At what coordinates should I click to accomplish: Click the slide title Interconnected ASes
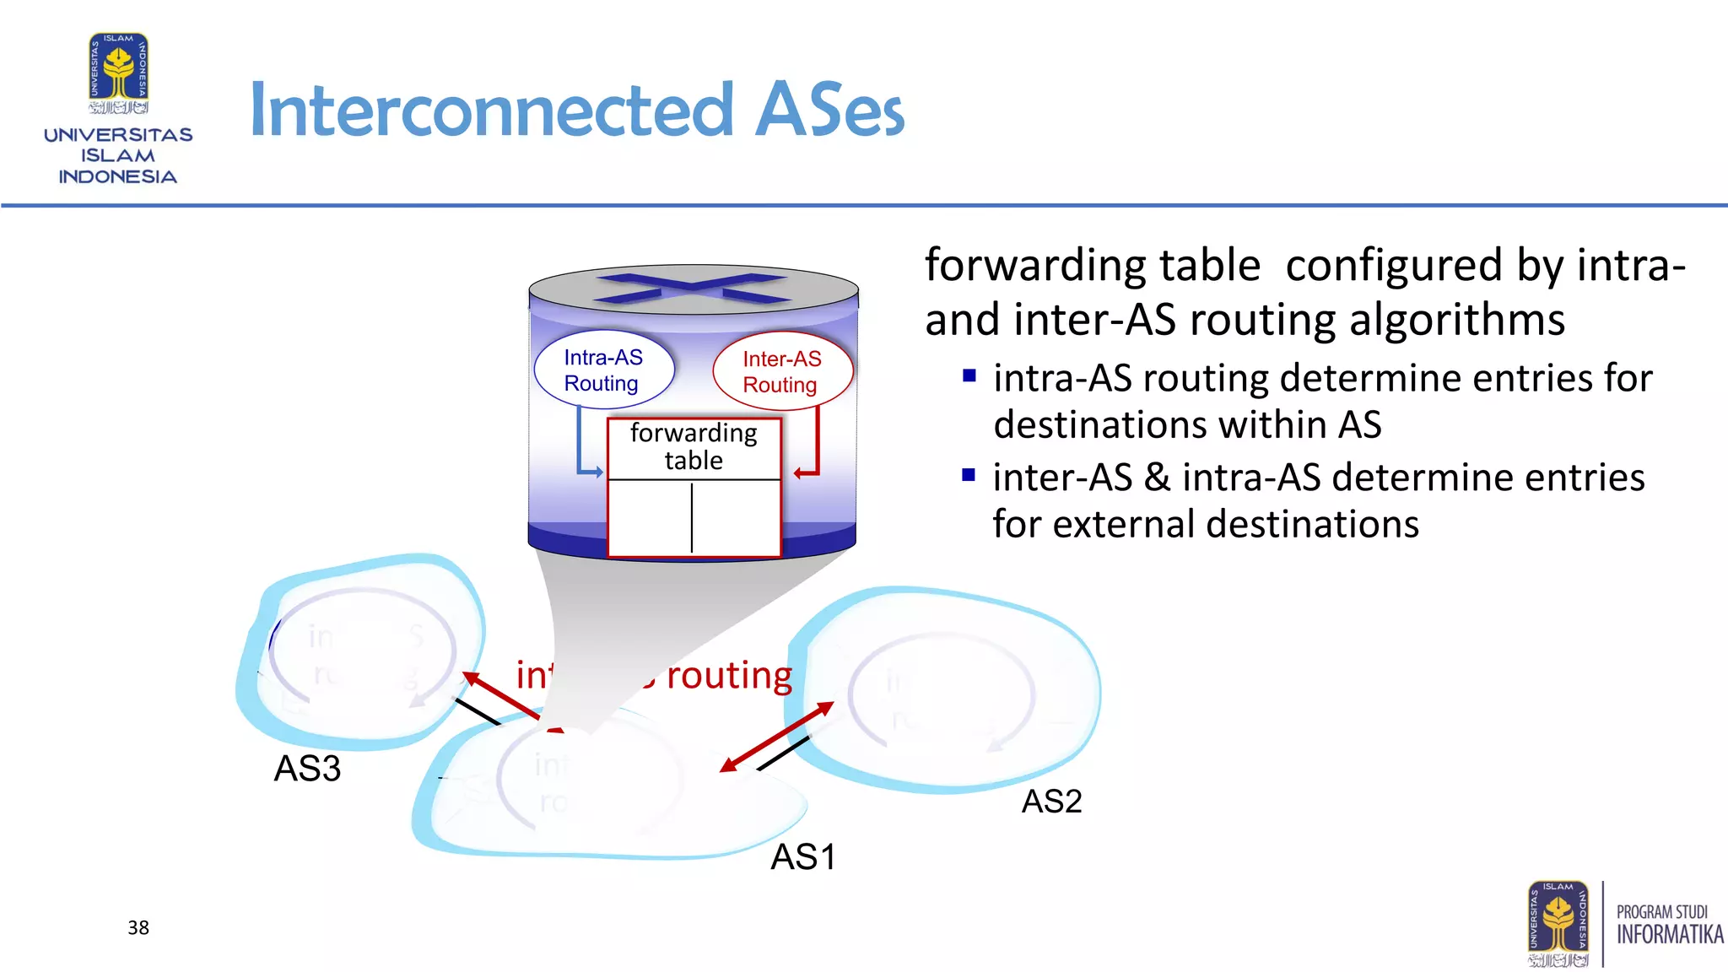576,110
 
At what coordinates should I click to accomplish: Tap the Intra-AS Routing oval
603,370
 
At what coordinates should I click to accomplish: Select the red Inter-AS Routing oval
782,372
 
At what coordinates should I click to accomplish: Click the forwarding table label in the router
694,446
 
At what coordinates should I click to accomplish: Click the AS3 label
307,769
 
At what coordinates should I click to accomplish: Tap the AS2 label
1051,802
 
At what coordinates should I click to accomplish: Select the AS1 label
803,857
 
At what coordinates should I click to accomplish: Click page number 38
138,928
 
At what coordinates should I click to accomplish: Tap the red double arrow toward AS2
776,737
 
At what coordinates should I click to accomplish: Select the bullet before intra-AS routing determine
969,376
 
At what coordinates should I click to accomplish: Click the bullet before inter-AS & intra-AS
969,476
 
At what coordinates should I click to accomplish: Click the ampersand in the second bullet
1157,478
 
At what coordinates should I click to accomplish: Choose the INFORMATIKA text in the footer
1669,935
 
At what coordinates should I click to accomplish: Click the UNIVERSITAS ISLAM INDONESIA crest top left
119,73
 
